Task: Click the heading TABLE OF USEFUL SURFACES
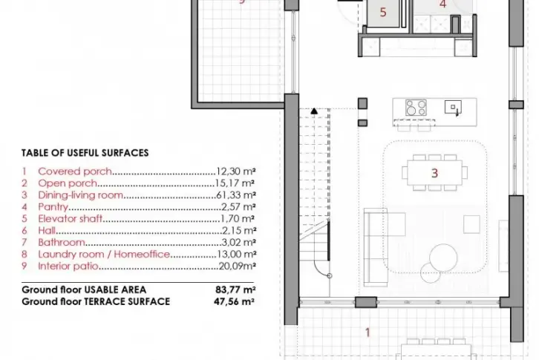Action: [x=85, y=153]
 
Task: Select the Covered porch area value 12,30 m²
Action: [x=236, y=171]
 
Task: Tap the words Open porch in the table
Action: [x=68, y=183]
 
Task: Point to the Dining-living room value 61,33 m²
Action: [x=236, y=195]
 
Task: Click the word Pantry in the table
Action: [x=53, y=207]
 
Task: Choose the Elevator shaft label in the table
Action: [x=70, y=219]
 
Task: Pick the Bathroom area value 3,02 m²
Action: [x=238, y=243]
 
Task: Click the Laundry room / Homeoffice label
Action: [x=104, y=254]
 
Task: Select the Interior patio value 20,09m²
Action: [x=237, y=266]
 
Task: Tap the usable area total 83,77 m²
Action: [x=235, y=290]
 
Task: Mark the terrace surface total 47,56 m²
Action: [x=234, y=301]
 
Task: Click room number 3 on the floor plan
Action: [x=434, y=173]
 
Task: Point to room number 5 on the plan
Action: [x=383, y=13]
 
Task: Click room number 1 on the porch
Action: [x=367, y=333]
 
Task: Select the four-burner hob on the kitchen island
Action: [x=416, y=108]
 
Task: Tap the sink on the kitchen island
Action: [x=453, y=108]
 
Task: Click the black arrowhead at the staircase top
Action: [x=314, y=111]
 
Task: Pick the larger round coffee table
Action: [x=443, y=258]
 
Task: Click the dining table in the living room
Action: [x=435, y=173]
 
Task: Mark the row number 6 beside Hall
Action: [x=24, y=231]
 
